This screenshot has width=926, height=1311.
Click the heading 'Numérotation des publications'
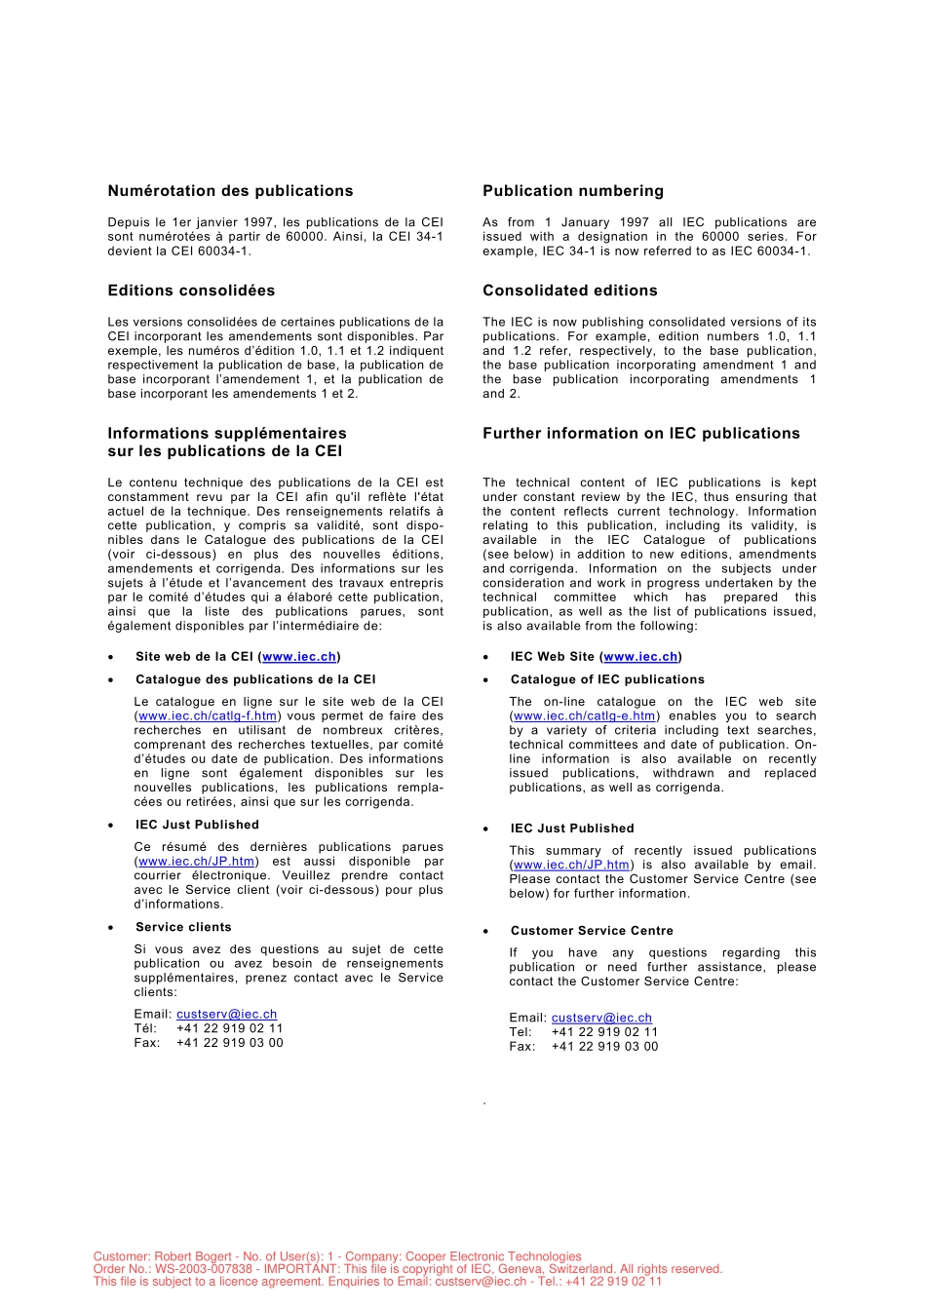tap(230, 191)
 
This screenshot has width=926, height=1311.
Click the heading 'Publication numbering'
tap(572, 191)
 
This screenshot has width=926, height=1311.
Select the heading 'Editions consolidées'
tap(191, 290)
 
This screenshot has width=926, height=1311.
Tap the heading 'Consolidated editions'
tap(569, 290)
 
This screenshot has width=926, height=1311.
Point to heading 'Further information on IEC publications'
tap(640, 434)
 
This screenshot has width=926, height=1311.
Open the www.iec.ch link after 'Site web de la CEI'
tap(299, 657)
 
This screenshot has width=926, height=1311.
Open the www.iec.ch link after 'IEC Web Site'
tap(640, 657)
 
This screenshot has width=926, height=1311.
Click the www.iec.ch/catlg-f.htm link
tap(208, 716)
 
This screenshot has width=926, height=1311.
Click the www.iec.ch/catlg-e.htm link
tap(584, 716)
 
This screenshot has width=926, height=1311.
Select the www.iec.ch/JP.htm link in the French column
tap(197, 862)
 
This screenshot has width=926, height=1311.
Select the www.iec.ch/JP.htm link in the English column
tap(571, 865)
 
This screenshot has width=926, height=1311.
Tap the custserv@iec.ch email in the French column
tap(226, 1015)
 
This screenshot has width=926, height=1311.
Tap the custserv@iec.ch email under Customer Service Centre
tap(601, 1018)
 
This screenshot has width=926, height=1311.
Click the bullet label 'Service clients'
tap(183, 927)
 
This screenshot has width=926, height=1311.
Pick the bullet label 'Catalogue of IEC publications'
tap(607, 679)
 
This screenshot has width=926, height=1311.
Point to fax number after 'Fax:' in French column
tap(229, 1043)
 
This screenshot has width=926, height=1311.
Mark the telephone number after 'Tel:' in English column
tap(604, 1032)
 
